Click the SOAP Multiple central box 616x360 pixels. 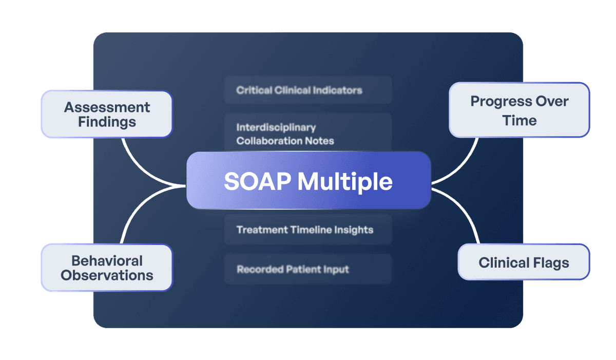(x=308, y=181)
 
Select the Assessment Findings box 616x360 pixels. (x=107, y=114)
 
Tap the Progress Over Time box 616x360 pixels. (x=519, y=110)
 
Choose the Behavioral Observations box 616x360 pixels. (x=107, y=268)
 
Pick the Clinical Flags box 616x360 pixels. (x=524, y=262)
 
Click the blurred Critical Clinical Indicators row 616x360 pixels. (x=308, y=90)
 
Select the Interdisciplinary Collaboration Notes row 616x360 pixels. (x=308, y=134)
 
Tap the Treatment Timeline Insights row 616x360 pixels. (x=308, y=230)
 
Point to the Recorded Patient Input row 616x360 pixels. (x=308, y=269)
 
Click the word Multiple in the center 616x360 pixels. (x=345, y=182)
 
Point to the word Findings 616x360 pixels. (x=107, y=122)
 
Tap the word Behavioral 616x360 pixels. (x=107, y=260)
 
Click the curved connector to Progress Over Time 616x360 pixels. (x=465, y=164)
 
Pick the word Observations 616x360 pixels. (x=107, y=275)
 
